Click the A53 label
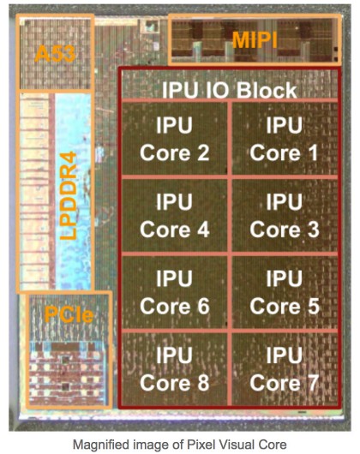pos(55,54)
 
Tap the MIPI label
pos(255,40)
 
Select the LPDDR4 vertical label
pos(69,195)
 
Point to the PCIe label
pos(69,314)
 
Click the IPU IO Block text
pos(230,90)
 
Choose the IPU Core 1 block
pos(285,139)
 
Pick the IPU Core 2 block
pos(174,139)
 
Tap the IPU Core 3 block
pos(285,215)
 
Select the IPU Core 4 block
pos(174,215)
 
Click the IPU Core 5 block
pos(285,292)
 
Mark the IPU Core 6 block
pos(174,292)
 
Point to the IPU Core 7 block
pos(285,369)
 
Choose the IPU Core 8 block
pos(174,369)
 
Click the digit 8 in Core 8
pos(203,383)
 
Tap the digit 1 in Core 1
pos(313,152)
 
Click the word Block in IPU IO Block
pos(267,90)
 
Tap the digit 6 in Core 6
pos(203,306)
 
